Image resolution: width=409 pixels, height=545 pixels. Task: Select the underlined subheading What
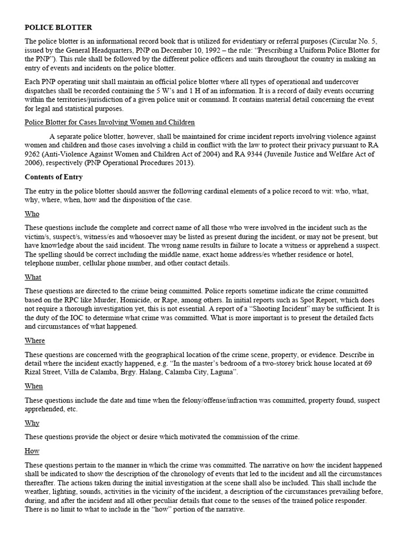tap(33, 277)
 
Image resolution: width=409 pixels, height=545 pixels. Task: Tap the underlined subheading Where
tap(35, 341)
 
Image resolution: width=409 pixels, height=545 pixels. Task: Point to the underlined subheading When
tap(34, 386)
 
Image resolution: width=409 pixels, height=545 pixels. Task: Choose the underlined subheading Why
tap(32, 423)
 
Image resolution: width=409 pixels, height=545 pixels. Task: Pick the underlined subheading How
tap(32, 450)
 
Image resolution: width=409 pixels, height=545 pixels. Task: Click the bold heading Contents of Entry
tap(54, 177)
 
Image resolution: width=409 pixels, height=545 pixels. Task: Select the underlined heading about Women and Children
tap(110, 122)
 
